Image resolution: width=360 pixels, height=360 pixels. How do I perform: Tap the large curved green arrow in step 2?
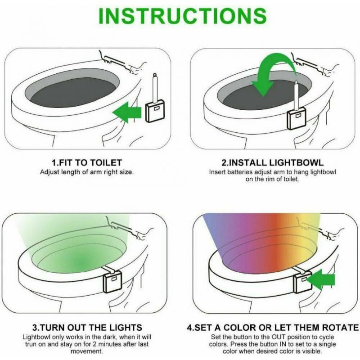270,72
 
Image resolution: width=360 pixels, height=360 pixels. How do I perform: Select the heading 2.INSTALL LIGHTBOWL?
272,163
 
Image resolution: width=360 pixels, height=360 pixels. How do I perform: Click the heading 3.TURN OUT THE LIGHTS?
88,328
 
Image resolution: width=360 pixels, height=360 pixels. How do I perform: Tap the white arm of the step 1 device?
155,88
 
